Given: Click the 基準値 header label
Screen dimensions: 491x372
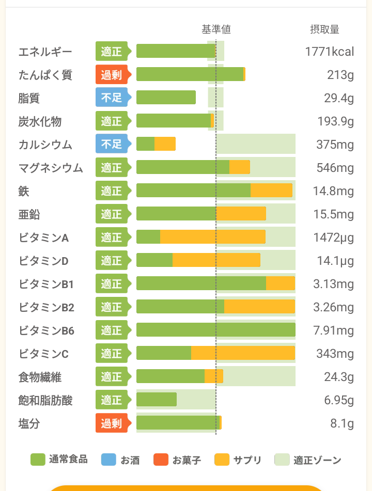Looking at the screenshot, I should [x=216, y=29].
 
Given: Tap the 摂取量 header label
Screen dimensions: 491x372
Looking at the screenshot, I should [x=324, y=29].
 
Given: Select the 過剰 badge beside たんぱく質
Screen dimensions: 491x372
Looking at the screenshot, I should [x=111, y=75].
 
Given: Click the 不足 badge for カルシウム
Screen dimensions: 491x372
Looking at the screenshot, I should [x=111, y=145].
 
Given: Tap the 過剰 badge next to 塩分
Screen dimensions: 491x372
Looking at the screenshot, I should [x=111, y=423].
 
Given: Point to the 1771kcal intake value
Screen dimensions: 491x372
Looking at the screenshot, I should [x=329, y=52].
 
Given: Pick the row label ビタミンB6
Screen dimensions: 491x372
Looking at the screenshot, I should [x=47, y=330].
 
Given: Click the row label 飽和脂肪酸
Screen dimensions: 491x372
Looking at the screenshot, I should [x=45, y=400].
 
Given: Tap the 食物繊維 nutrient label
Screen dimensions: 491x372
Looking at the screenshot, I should [x=40, y=377].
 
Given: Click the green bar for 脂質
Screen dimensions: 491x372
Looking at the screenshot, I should [x=166, y=98].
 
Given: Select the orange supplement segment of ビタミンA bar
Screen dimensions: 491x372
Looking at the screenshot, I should [x=212, y=237].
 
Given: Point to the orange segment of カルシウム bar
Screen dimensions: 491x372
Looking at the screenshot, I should [x=165, y=144].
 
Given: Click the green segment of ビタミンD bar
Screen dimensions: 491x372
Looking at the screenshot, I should [x=154, y=260].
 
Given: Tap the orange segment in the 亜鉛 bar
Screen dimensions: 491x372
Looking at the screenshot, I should [x=241, y=214].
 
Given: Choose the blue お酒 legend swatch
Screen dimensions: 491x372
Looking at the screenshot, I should [x=109, y=460].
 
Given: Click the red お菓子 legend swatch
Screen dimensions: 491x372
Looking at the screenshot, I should [x=161, y=460].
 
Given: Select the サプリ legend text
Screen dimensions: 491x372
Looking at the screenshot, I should [x=247, y=460].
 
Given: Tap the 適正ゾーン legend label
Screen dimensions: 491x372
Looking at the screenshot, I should [x=317, y=460].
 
